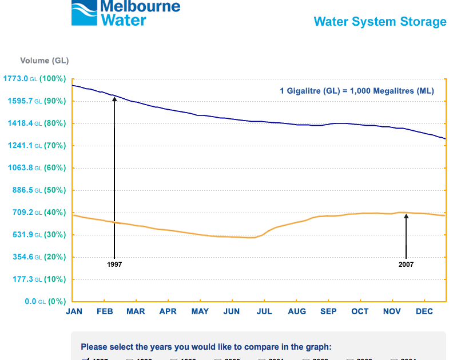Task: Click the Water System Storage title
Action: (380, 22)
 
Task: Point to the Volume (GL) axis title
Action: (44, 61)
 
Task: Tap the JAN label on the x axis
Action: (74, 311)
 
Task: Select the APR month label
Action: (168, 311)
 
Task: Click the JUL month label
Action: (265, 311)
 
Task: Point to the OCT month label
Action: (360, 311)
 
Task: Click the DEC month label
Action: (424, 311)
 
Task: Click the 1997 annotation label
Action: (114, 265)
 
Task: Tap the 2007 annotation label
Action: (406, 265)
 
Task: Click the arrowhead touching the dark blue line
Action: (114, 99)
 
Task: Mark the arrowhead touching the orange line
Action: (406, 216)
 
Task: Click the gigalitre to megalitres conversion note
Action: (356, 91)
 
